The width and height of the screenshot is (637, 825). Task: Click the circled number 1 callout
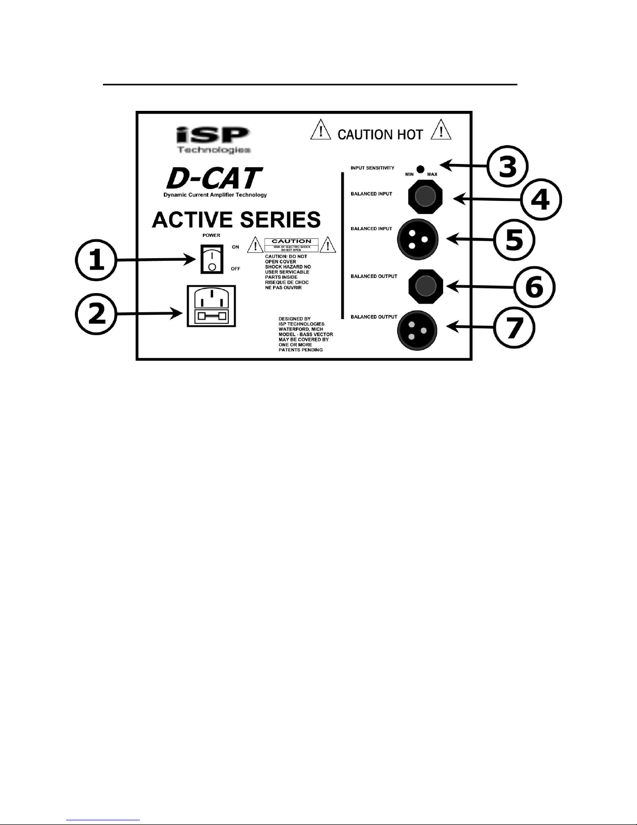pos(96,261)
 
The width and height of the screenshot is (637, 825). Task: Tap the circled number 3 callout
pos(508,167)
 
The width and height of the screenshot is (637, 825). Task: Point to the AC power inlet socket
pos(211,306)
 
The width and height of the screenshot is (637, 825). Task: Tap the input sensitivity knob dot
pos(421,169)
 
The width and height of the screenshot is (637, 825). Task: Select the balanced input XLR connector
pos(418,239)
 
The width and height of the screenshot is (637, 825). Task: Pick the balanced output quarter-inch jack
pos(426,285)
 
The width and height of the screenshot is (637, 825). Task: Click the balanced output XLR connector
pos(418,331)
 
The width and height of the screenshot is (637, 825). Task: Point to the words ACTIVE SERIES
pos(236,220)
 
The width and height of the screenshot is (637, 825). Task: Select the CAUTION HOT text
pos(380,135)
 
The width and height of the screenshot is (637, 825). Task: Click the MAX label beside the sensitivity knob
pos(432,174)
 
